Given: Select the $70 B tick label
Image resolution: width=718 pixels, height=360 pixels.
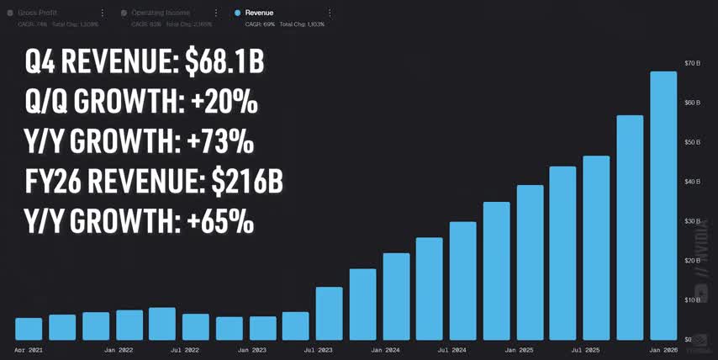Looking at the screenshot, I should point(692,63).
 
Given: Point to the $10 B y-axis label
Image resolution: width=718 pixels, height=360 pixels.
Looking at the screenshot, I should point(692,300).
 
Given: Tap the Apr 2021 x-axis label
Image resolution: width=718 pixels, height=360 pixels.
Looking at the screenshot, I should point(28,349).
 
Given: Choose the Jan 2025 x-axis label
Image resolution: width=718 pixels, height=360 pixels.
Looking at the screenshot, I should point(520,349).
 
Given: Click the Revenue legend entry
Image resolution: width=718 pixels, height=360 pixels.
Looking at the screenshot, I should point(260,13).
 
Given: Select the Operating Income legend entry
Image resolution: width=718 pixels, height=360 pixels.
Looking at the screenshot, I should point(166,13).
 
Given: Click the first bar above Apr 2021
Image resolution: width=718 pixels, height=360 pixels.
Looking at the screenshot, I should point(29,329).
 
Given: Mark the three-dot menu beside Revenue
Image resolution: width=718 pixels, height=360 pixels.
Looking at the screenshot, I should point(330,13).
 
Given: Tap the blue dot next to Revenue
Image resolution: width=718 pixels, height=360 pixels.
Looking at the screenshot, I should point(238,13).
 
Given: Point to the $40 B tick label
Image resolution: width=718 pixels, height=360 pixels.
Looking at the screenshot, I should point(692,182).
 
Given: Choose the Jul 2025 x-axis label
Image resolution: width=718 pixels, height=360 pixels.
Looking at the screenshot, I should point(586,349).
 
